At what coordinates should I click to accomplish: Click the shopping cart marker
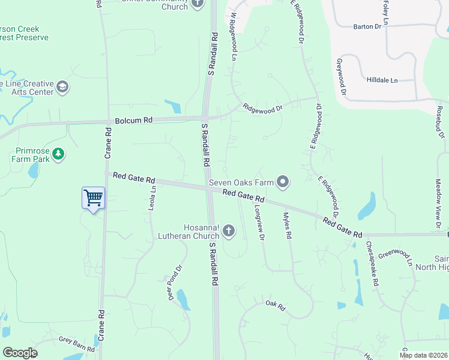[x=93, y=197]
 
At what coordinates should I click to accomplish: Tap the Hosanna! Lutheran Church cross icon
[x=228, y=230]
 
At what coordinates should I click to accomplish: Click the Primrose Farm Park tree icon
[x=58, y=154]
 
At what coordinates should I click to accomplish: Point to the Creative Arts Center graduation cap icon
[x=62, y=88]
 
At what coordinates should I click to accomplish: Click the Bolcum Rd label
[x=131, y=121]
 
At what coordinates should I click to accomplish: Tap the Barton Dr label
[x=367, y=26]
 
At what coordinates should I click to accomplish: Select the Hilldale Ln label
[x=382, y=80]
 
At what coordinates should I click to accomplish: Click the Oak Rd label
[x=275, y=305]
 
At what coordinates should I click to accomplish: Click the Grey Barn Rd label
[x=76, y=344]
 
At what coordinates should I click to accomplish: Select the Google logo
[x=20, y=353]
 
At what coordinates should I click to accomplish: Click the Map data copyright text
[x=422, y=355]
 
